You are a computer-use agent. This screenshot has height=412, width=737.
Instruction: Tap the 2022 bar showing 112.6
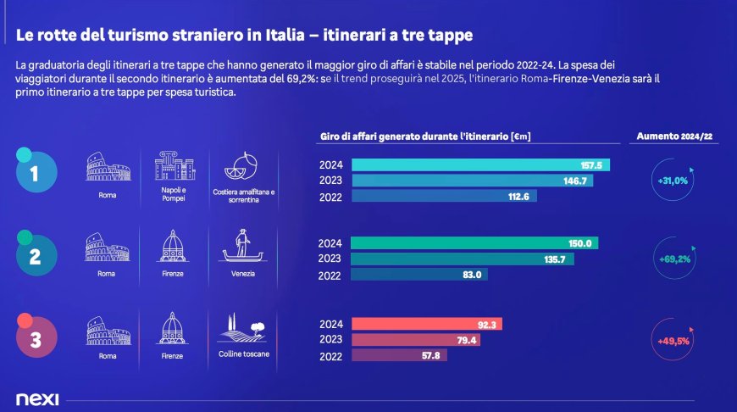444,197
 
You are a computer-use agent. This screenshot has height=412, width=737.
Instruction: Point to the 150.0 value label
579,243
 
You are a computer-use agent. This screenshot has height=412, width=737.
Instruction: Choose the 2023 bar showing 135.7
462,259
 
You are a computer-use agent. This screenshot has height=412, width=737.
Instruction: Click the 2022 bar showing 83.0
419,275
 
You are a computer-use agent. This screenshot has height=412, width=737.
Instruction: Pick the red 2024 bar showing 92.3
427,324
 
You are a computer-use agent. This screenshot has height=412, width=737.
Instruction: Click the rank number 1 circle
35,173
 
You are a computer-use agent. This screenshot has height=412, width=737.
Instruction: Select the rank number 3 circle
35,340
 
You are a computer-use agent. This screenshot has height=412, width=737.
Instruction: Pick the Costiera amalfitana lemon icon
243,165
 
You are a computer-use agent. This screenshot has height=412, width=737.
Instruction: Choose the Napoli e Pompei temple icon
172,165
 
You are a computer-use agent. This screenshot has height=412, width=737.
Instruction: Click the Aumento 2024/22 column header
675,136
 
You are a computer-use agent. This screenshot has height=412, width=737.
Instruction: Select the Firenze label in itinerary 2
172,274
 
